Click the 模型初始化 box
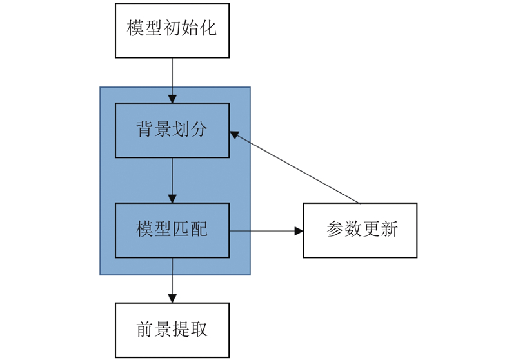pos(172,30)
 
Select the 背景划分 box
pos(172,130)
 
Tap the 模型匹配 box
pos(172,230)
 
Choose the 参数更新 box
pos(360,230)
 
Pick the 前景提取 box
pos(172,330)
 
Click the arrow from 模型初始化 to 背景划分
pos(172,81)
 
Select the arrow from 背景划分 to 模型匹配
pos(172,181)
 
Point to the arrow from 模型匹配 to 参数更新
pos(266,231)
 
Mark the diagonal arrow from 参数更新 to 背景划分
pos(294,167)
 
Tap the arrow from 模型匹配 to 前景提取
pos(172,281)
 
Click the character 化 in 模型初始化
pos(208,28)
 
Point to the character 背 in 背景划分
pos(144,128)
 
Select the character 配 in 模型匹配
pos(199,228)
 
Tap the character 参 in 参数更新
pos(335,228)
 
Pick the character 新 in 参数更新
pos(390,228)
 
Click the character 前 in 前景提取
pos(144,329)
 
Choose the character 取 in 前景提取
pos(199,329)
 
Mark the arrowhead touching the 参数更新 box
pos(299,231)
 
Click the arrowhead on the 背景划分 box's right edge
pos(234,134)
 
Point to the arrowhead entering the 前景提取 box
pos(172,299)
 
